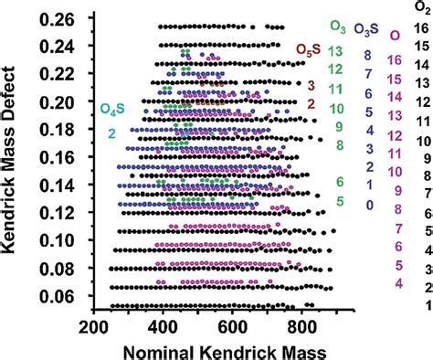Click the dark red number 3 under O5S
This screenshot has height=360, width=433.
click(x=311, y=86)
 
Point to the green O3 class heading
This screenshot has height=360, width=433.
click(x=336, y=27)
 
